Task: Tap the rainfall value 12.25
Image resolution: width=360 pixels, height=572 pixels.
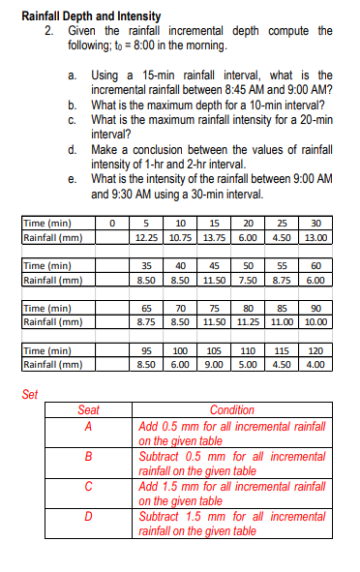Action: click(147, 237)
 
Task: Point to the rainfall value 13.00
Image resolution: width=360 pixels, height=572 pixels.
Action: click(315, 237)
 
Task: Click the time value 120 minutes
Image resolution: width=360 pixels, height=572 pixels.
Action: click(315, 351)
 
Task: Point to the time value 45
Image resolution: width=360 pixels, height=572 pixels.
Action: click(214, 264)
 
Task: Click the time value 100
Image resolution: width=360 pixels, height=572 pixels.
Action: click(180, 351)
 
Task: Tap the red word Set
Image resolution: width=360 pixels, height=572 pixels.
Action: click(30, 394)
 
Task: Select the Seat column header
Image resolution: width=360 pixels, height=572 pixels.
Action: click(88, 409)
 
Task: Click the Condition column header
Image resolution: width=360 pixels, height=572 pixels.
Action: click(231, 409)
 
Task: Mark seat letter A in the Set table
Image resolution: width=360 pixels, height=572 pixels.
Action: click(88, 425)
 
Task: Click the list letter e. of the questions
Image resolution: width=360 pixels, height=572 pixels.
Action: click(74, 179)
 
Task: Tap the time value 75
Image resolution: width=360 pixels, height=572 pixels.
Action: click(214, 308)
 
